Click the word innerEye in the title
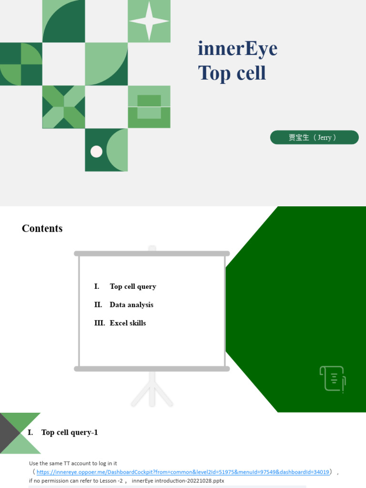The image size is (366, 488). (237, 49)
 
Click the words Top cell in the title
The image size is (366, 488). (232, 73)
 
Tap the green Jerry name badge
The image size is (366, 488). (314, 137)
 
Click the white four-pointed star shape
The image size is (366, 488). (149, 21)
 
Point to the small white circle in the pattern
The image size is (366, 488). (96, 152)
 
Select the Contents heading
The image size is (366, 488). (42, 229)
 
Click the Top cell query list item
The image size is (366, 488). (132, 286)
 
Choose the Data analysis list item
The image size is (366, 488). (131, 305)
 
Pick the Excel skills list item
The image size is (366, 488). (128, 323)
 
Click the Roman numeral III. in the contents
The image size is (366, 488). (99, 323)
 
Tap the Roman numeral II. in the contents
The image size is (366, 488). (98, 305)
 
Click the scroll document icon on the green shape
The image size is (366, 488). (332, 379)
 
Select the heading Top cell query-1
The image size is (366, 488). (69, 433)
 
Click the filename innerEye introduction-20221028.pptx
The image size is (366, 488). (178, 481)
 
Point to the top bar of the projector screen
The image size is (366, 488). (152, 254)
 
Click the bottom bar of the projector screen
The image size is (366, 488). (152, 369)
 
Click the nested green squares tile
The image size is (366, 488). (149, 107)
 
